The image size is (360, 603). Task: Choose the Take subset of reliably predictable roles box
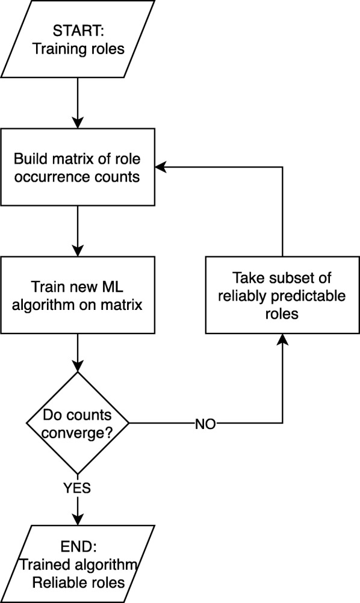(282, 295)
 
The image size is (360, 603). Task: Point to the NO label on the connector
(205, 424)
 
